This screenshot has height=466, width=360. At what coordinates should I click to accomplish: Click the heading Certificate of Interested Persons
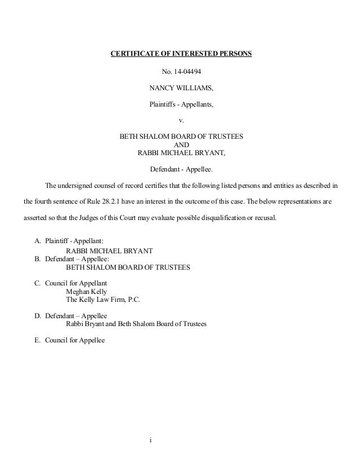pyautogui.click(x=180, y=55)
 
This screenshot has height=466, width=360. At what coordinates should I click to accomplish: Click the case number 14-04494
pyautogui.click(x=188, y=72)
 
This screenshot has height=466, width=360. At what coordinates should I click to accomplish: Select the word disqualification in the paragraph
pyautogui.click(x=216, y=216)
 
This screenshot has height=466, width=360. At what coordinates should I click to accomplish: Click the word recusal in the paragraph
pyautogui.click(x=264, y=216)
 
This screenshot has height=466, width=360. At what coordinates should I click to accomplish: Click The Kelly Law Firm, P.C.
pyautogui.click(x=103, y=300)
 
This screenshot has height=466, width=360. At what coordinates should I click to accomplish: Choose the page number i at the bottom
pyautogui.click(x=151, y=439)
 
